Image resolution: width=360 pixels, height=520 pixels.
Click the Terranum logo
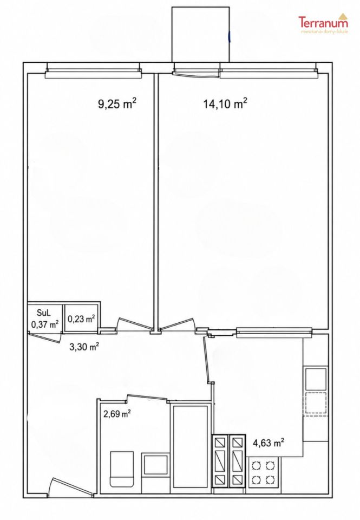[x=324, y=23]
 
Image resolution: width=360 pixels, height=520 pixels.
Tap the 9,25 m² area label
[x=117, y=104]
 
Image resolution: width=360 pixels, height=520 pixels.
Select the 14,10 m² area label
[x=225, y=104]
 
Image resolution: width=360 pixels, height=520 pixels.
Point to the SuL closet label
[x=44, y=313]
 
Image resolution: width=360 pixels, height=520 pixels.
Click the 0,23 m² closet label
[x=82, y=319]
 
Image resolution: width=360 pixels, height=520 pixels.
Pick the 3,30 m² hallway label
[x=83, y=348]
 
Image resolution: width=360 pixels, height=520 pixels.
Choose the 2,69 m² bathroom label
[x=117, y=414]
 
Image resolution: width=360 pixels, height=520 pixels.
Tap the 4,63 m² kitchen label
[x=269, y=443]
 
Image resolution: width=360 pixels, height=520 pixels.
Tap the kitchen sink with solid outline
[x=316, y=379]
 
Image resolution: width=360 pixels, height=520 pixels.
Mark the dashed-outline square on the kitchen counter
[x=316, y=403]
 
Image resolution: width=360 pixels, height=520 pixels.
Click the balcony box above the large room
[x=200, y=35]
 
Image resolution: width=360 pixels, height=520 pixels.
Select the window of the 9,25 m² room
[x=93, y=70]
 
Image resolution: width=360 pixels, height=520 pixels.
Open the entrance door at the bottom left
[x=70, y=488]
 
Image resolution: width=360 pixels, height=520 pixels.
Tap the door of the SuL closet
[x=45, y=337]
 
